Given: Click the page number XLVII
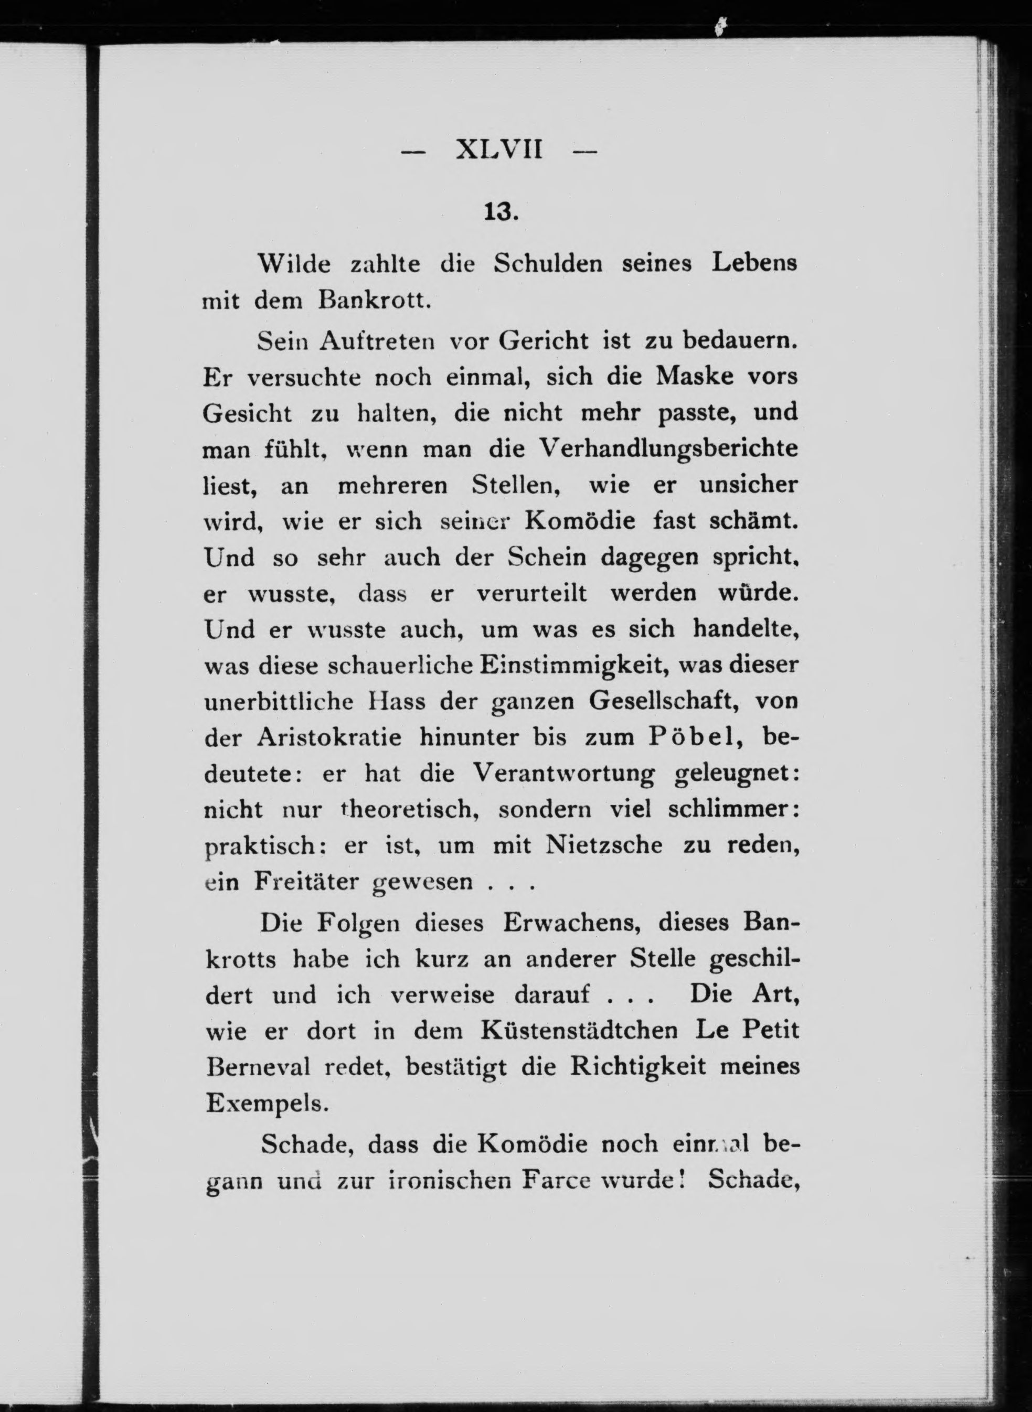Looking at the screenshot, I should (x=499, y=151).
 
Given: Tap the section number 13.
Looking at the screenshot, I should (x=501, y=212).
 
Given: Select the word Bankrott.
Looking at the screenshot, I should (x=375, y=301).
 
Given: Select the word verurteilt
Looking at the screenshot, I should (x=531, y=593).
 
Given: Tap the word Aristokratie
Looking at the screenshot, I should (x=329, y=737).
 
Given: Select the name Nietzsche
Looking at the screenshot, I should (x=604, y=846).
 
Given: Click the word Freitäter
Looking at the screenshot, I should (x=306, y=882).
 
